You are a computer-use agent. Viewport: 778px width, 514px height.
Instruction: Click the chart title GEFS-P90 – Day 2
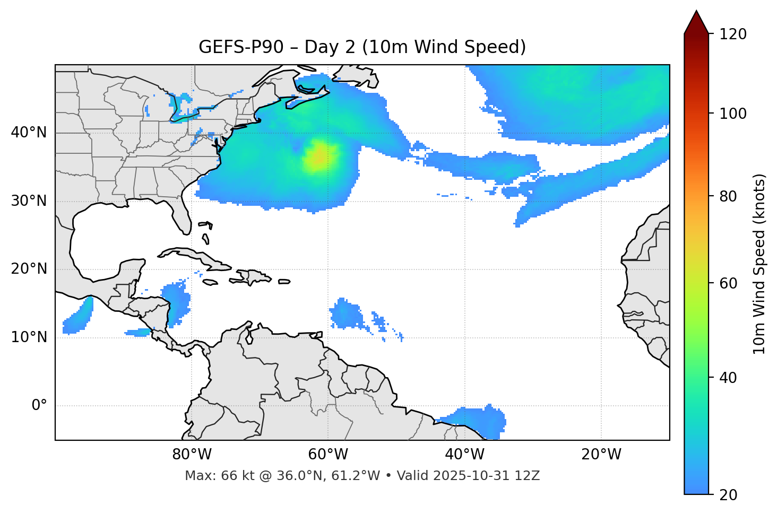pyautogui.click(x=362, y=47)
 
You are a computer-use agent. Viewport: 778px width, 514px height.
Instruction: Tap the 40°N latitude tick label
pyautogui.click(x=29, y=133)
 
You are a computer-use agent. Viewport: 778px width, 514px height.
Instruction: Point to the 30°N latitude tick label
pyautogui.click(x=29, y=201)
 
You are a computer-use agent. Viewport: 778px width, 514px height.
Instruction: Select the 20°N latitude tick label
pyautogui.click(x=29, y=269)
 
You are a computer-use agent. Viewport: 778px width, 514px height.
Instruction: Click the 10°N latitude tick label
pyautogui.click(x=29, y=337)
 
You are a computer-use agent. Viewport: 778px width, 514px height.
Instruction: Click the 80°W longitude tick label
pyautogui.click(x=192, y=455)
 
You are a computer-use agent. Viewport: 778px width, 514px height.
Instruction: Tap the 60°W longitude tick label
pyautogui.click(x=328, y=455)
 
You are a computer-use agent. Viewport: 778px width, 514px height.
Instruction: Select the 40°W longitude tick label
pyautogui.click(x=464, y=455)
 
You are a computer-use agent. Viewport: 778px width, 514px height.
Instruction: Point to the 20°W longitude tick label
pyautogui.click(x=601, y=455)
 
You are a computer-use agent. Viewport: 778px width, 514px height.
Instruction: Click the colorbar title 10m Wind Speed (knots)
pyautogui.click(x=759, y=264)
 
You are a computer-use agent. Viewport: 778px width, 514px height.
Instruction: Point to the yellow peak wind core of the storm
pyautogui.click(x=319, y=158)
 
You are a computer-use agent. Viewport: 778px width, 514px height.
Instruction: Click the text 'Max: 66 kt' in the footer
pyautogui.click(x=211, y=476)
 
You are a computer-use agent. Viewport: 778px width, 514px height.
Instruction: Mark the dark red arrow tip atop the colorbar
pyautogui.click(x=696, y=21)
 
